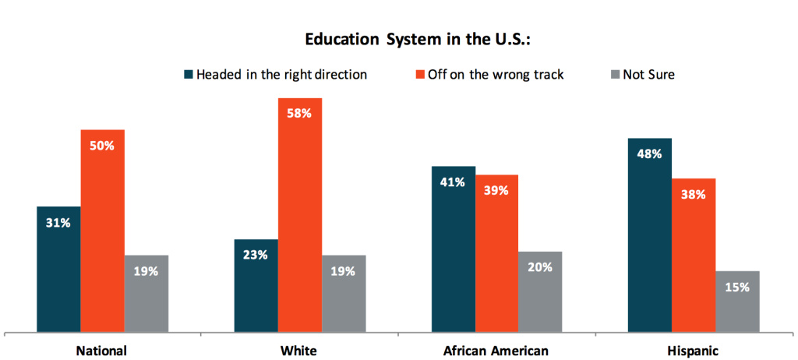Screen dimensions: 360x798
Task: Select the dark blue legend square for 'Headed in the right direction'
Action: point(188,75)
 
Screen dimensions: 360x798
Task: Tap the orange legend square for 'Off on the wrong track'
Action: point(422,75)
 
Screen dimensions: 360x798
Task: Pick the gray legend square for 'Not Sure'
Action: point(615,75)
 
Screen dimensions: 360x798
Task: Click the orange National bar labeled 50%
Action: point(102,230)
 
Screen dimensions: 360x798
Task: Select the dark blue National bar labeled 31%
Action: point(58,269)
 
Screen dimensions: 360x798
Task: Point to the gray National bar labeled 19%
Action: point(146,293)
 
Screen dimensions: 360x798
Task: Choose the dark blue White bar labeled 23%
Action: point(256,284)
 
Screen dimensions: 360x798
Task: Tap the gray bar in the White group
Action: point(344,293)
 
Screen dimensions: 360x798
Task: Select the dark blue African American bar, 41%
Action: point(453,249)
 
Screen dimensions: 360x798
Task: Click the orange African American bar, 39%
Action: point(496,252)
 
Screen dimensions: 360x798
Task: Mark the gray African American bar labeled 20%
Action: point(540,291)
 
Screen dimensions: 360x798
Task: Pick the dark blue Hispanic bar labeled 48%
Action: point(650,235)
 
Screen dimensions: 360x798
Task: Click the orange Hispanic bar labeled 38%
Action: point(694,255)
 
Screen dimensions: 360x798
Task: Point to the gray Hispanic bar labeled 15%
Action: point(737,301)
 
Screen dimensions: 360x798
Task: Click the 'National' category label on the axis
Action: point(101,350)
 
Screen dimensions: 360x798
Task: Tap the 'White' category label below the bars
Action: point(299,350)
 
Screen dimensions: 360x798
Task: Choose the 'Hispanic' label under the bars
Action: point(693,350)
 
